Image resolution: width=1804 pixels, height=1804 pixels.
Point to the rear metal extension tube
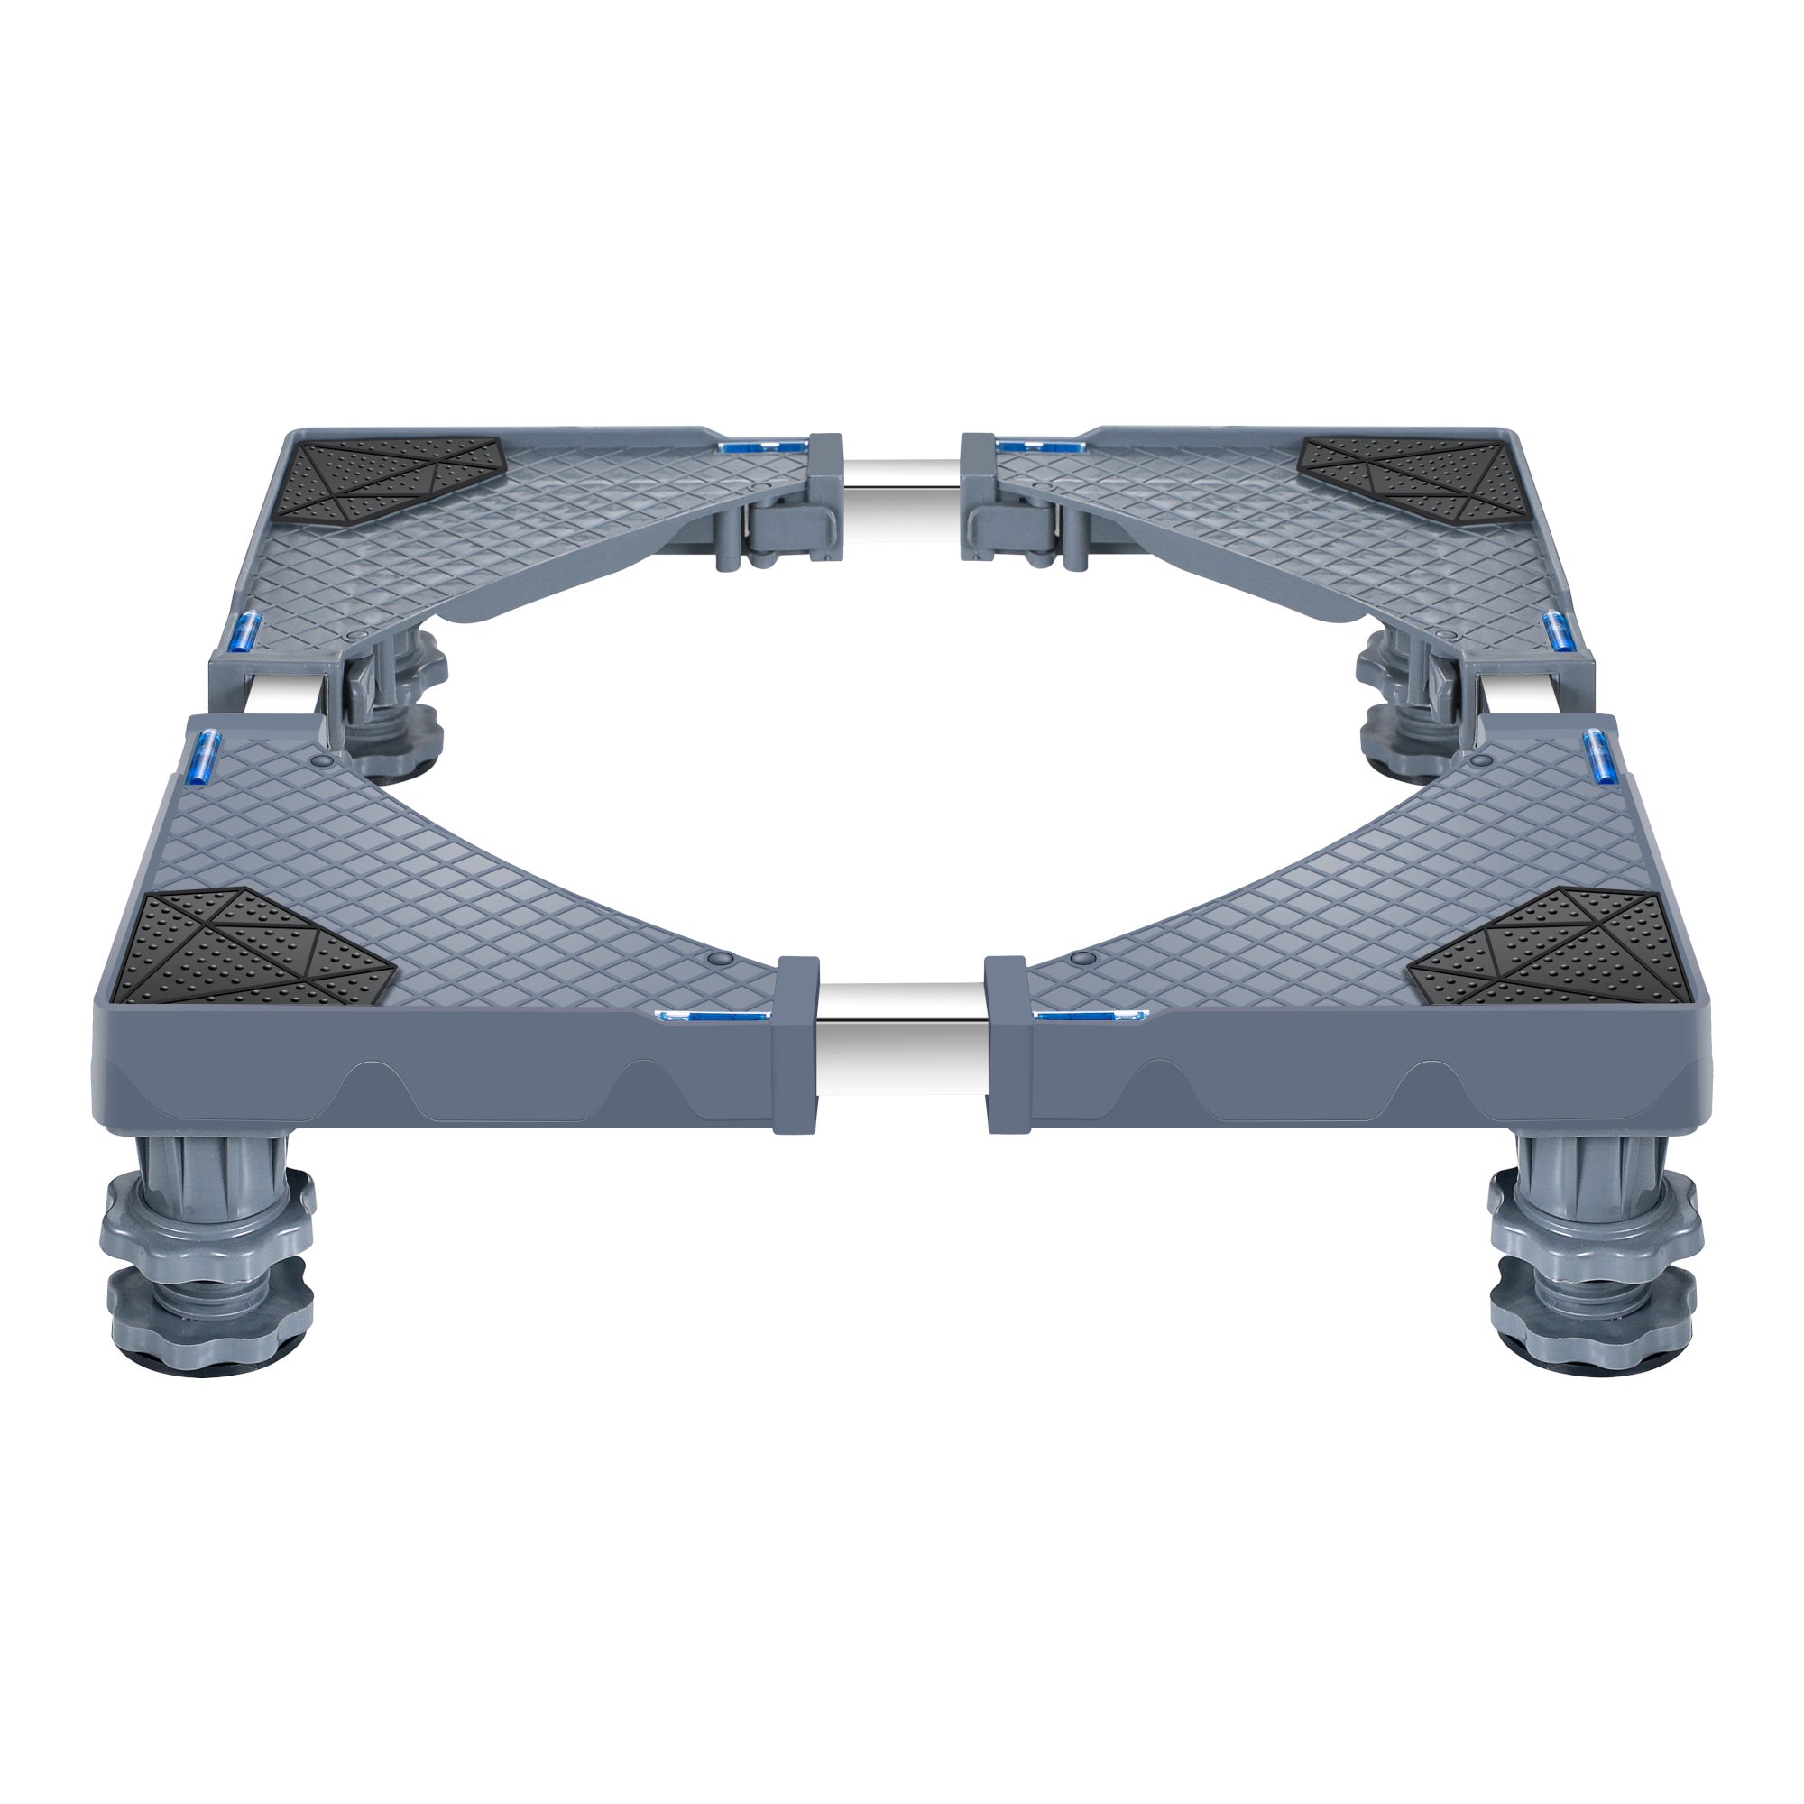click(901, 495)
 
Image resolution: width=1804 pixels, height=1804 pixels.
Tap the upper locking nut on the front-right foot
click(1595, 1214)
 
